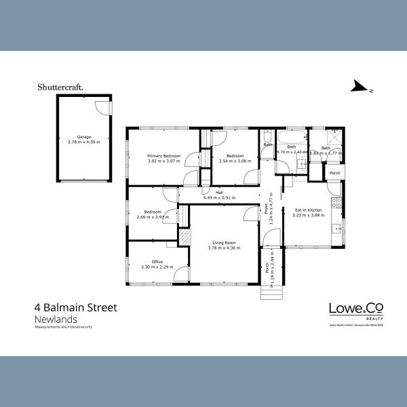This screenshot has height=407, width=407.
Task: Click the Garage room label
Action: (84, 137)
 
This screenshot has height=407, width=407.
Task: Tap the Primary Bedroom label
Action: (163, 156)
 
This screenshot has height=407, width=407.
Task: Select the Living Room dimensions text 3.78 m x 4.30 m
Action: (224, 248)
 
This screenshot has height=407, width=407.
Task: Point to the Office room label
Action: (157, 262)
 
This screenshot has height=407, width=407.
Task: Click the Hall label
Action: (219, 193)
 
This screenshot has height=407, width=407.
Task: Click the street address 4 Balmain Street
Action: (75, 308)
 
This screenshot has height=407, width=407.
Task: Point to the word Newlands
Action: (55, 319)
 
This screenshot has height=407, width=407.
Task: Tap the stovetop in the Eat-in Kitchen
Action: (335, 202)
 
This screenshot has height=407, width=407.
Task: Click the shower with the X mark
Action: (334, 153)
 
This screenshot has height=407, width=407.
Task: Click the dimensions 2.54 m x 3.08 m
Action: (235, 161)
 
